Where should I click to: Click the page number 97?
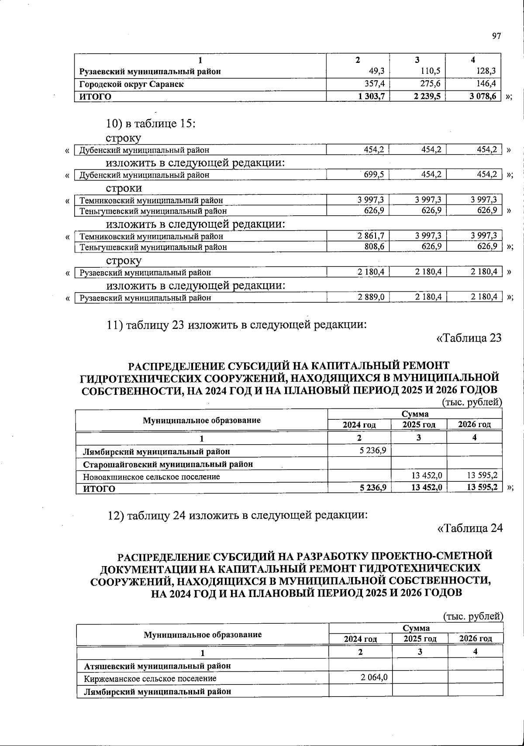tap(496, 36)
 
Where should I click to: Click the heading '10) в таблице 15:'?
tap(150, 124)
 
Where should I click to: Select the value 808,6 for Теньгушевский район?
tap(374, 247)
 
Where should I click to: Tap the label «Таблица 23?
tap(469, 338)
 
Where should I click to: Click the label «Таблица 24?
tap(470, 528)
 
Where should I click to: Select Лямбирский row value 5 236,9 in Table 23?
tap(372, 450)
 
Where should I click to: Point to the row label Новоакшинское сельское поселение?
tap(152, 477)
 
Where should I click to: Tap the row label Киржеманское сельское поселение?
tap(150, 679)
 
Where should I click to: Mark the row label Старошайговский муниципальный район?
tap(168, 464)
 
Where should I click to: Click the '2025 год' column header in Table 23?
tap(419, 425)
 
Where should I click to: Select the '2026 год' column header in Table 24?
tap(476, 639)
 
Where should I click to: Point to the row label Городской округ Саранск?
tap(131, 84)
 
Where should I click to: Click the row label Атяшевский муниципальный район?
tap(157, 666)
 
